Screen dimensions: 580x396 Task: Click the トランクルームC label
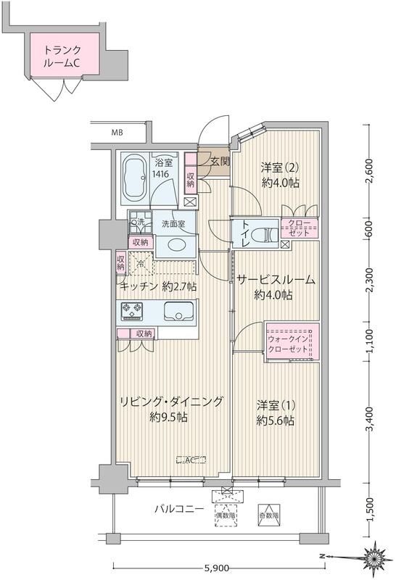pyautogui.click(x=62, y=56)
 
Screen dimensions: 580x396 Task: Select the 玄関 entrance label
pyautogui.click(x=220, y=162)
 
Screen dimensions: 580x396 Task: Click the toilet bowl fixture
pyautogui.click(x=266, y=234)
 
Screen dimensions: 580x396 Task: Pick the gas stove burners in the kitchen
pyautogui.click(x=133, y=312)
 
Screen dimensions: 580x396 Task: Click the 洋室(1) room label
pyautogui.click(x=275, y=412)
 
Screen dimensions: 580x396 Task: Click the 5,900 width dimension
pyautogui.click(x=218, y=568)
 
